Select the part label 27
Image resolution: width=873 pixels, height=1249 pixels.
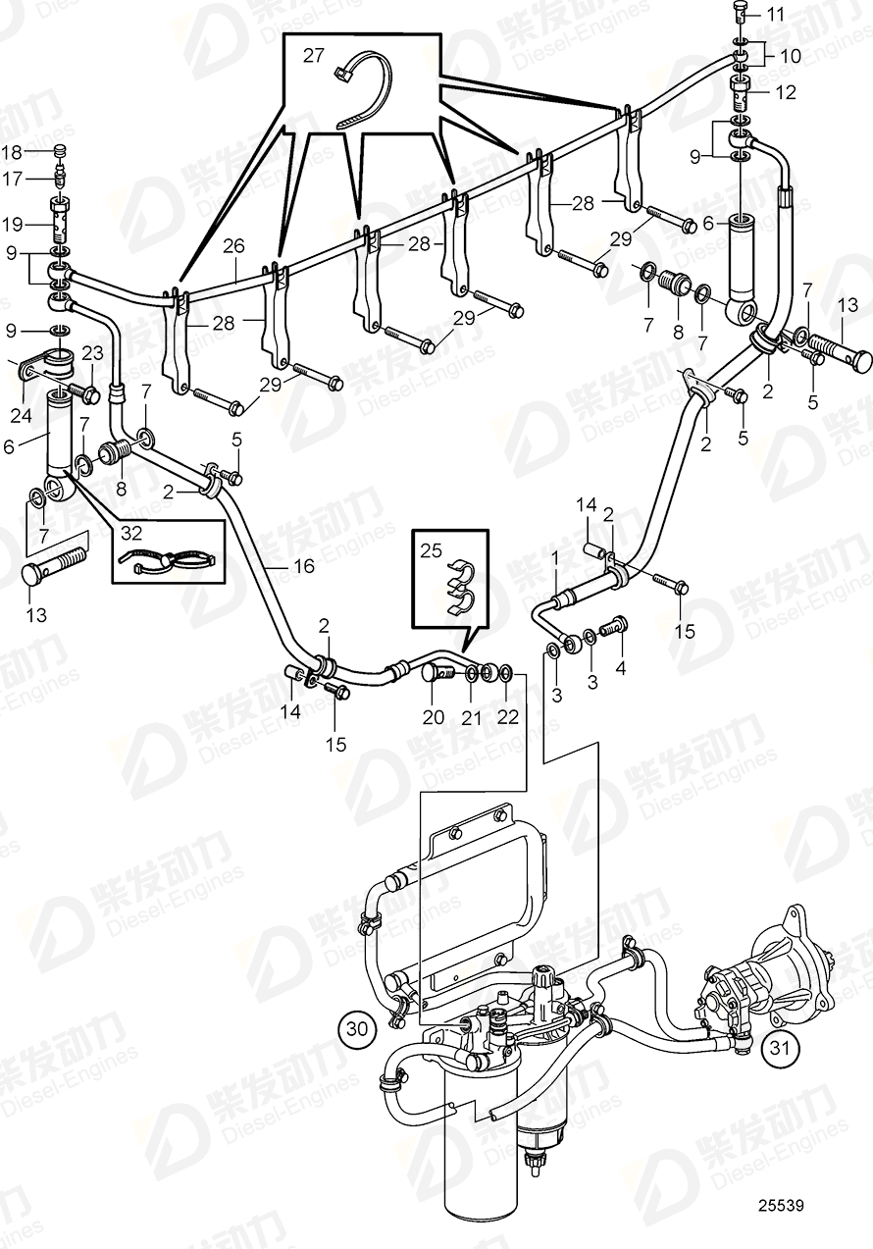(313, 56)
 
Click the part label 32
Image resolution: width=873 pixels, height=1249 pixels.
(130, 534)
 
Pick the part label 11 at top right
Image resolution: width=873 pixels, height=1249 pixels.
(776, 14)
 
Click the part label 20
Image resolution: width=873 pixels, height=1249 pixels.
(434, 718)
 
